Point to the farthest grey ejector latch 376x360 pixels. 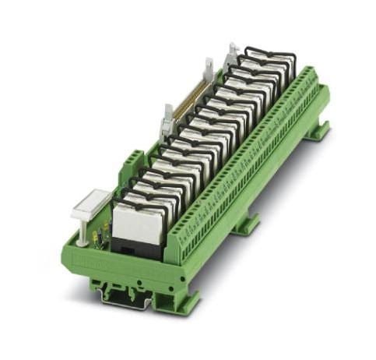[x=232, y=53]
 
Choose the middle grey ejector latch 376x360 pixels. [x=208, y=72]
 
